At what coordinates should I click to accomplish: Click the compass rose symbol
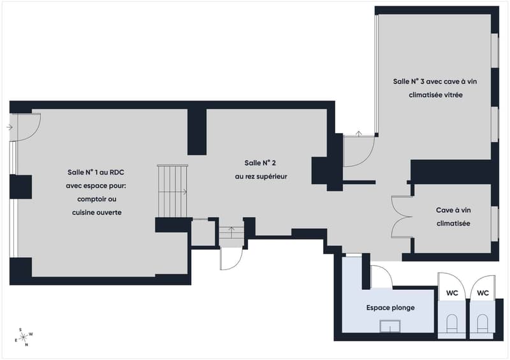[24, 338]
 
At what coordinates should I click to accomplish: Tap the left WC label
[452, 293]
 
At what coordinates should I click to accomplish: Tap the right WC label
[483, 293]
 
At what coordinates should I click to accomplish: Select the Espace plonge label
[390, 308]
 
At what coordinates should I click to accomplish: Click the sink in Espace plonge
[390, 326]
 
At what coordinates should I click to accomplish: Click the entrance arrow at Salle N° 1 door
[10, 127]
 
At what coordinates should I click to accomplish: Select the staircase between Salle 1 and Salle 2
[172, 191]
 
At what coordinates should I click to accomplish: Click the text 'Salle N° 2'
[260, 163]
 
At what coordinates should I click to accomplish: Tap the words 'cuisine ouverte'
[97, 212]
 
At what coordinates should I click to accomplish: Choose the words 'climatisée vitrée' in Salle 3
[435, 95]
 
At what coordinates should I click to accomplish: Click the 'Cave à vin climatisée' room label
[453, 217]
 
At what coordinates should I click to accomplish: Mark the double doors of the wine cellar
[402, 216]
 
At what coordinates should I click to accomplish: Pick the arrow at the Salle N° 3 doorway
[358, 133]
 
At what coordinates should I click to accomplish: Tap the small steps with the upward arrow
[231, 232]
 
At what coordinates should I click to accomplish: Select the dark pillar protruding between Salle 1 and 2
[197, 132]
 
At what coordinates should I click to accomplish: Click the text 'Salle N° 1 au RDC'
[96, 173]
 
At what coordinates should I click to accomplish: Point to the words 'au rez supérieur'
[261, 176]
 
